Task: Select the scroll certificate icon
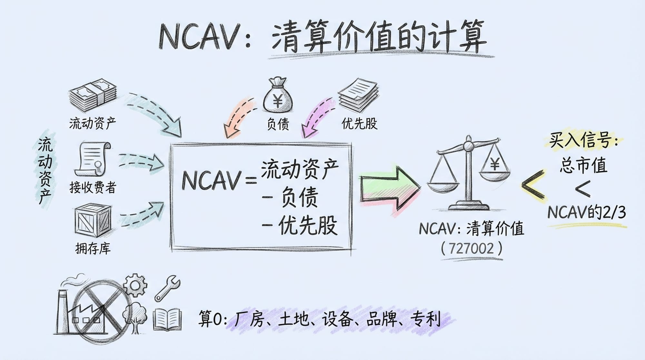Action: coord(93,159)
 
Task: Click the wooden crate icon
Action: coord(93,220)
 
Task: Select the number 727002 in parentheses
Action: coord(471,249)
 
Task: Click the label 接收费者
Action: coord(93,187)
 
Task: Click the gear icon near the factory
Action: coord(135,285)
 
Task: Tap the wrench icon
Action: coord(167,288)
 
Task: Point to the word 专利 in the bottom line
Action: coord(425,319)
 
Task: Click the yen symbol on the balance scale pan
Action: coord(495,165)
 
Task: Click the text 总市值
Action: coord(583,166)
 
